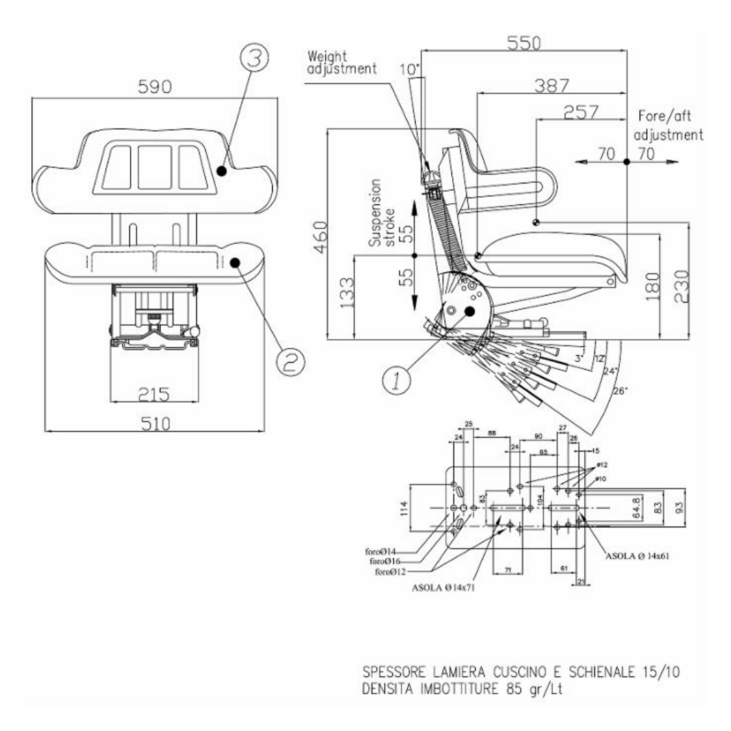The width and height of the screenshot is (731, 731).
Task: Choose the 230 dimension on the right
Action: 681,288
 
